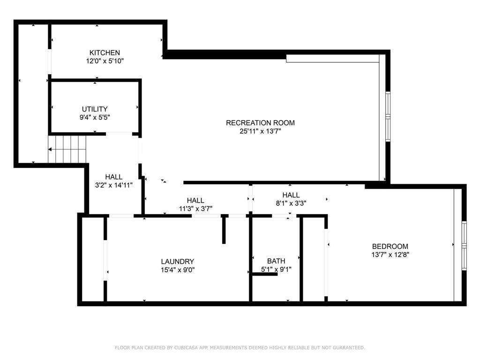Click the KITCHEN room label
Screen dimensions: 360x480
click(x=105, y=53)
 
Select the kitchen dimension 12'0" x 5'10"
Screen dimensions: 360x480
click(x=105, y=61)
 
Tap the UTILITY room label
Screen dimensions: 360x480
click(x=95, y=109)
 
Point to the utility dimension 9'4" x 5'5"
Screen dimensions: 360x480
click(x=95, y=117)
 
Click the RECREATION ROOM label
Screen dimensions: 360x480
click(x=260, y=123)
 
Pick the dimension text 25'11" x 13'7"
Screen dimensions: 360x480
click(x=260, y=131)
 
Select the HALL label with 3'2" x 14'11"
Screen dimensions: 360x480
click(x=114, y=177)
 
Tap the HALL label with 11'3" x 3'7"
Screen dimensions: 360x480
click(x=195, y=201)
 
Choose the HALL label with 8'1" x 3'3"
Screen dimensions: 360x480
click(x=291, y=195)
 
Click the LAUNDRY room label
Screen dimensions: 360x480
click(x=177, y=262)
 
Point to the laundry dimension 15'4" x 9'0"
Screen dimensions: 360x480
click(x=177, y=270)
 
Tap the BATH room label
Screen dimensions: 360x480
click(x=276, y=261)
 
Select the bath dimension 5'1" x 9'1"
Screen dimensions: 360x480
click(x=276, y=270)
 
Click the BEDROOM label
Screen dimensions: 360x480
click(x=390, y=247)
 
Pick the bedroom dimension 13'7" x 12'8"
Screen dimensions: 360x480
click(x=390, y=255)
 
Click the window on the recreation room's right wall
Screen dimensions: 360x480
click(x=388, y=116)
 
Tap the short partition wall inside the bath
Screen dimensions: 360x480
click(x=265, y=274)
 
